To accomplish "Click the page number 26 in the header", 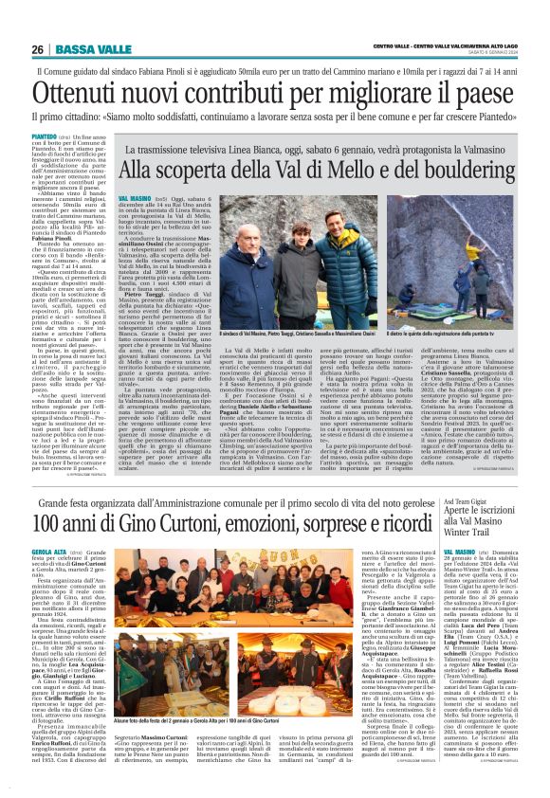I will coord(37,49).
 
